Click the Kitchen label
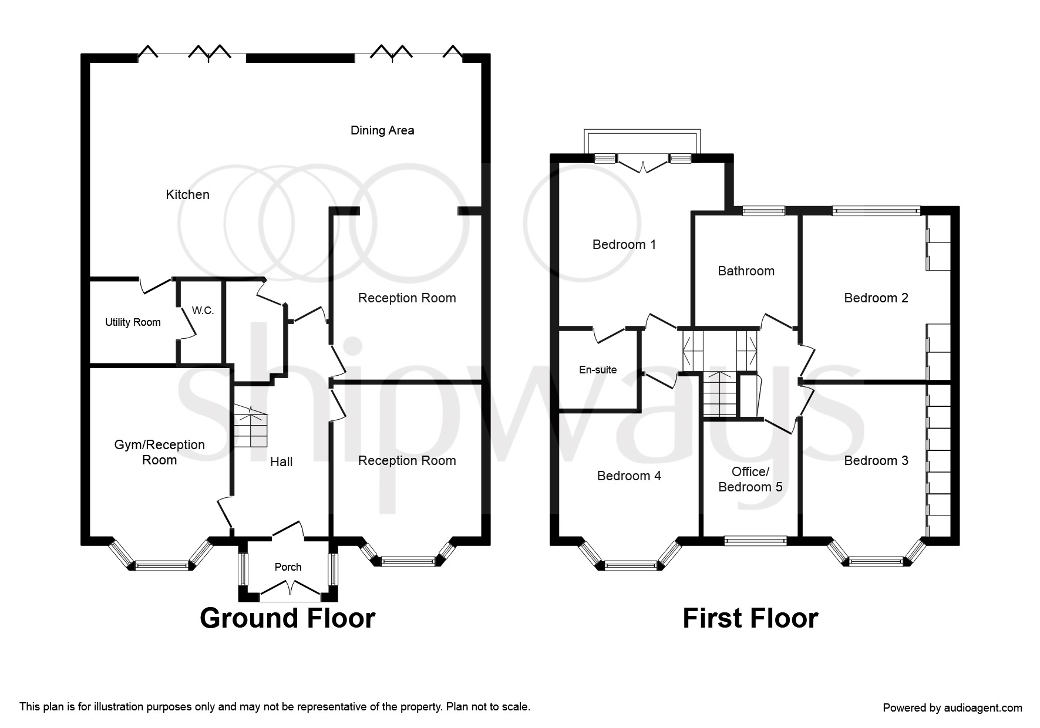187,195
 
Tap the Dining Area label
382,130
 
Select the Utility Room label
133,322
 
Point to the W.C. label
203,311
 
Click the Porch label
288,567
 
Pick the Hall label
281,462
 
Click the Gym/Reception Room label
159,453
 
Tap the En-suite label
598,370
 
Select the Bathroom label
746,271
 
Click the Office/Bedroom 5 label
750,480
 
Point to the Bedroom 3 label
876,461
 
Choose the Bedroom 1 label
624,245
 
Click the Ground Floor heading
287,619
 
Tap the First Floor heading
750,619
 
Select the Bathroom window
763,211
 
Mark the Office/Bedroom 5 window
755,540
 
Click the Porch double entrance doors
288,588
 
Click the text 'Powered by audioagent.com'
952,708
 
